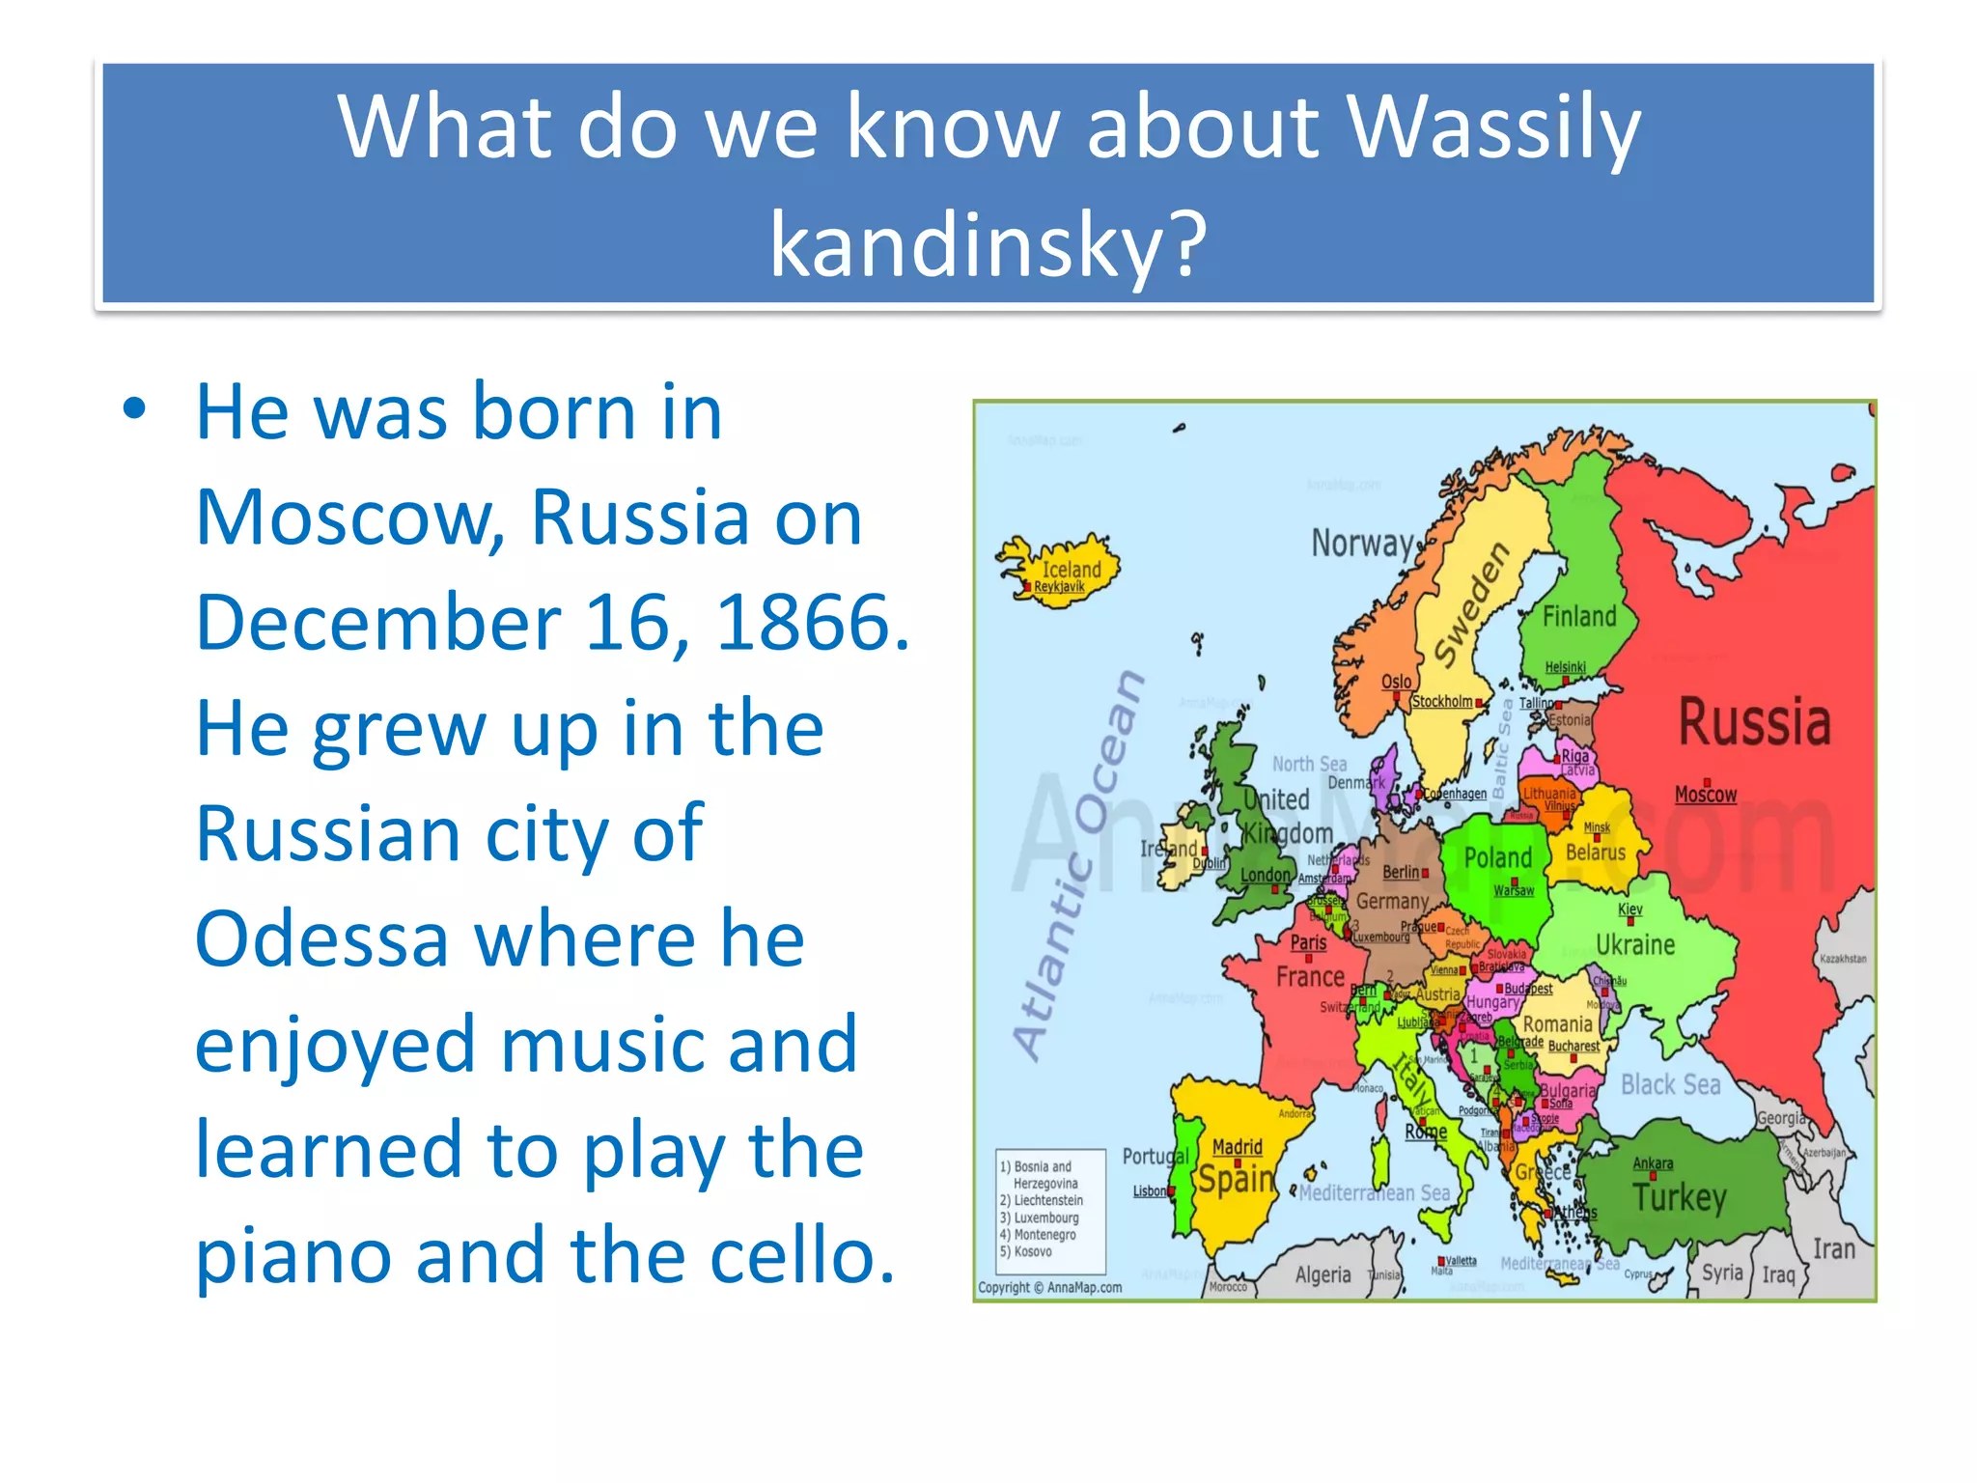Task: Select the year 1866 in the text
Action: coord(813,623)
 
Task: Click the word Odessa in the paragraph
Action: coord(320,938)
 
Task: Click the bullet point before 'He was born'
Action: coord(134,409)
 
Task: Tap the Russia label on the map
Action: coord(1754,722)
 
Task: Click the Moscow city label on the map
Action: coord(1705,795)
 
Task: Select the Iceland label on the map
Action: coord(1072,570)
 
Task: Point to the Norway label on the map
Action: coord(1362,544)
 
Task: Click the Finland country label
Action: coord(1579,616)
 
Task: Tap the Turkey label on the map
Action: coord(1680,1197)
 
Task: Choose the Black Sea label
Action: coord(1670,1084)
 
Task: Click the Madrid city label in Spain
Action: coord(1237,1147)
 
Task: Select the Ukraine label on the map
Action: coord(1635,944)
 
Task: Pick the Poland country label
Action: coord(1497,857)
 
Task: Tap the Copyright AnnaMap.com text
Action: coord(1049,1287)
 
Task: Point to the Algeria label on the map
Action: coord(1323,1274)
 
